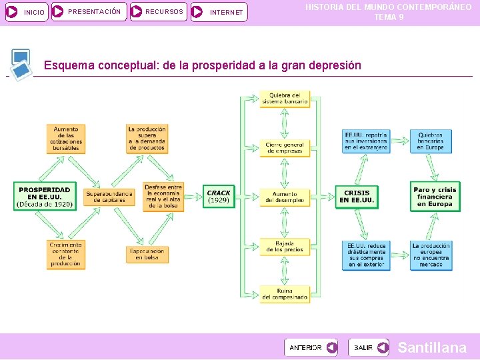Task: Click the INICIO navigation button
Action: point(27,11)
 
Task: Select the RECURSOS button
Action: point(158,11)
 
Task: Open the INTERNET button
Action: point(219,11)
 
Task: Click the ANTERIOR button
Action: point(311,347)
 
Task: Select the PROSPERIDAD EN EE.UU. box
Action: point(45,197)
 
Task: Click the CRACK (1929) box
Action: point(219,197)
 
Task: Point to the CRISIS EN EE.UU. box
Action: point(357,197)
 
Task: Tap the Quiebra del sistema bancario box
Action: point(285,99)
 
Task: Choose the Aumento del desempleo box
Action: point(285,197)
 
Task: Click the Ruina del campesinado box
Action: point(285,294)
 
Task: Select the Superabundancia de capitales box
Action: point(109,197)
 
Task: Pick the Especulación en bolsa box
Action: point(147,255)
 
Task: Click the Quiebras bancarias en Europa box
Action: point(431,141)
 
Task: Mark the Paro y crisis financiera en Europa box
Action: point(435,197)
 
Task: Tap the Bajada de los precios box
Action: point(285,247)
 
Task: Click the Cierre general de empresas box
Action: point(285,147)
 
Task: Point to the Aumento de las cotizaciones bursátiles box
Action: point(66,139)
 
